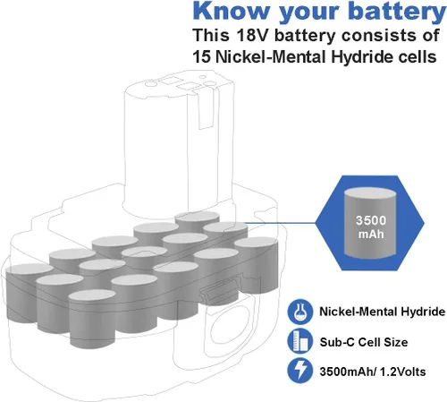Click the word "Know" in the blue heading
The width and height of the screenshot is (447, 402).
(x=231, y=11)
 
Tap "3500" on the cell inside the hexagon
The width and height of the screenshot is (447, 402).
(x=371, y=220)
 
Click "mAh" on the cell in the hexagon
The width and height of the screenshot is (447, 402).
(x=371, y=234)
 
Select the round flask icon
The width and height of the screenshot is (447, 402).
(x=300, y=312)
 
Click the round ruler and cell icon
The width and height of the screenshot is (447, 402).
(x=300, y=341)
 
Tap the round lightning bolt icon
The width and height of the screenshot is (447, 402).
(x=300, y=371)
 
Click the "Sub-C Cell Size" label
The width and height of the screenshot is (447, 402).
(x=364, y=342)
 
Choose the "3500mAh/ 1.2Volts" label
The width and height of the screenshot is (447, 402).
(x=373, y=372)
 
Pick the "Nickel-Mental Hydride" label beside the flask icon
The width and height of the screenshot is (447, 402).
(x=383, y=312)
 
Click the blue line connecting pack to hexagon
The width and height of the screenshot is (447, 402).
(x=280, y=223)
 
